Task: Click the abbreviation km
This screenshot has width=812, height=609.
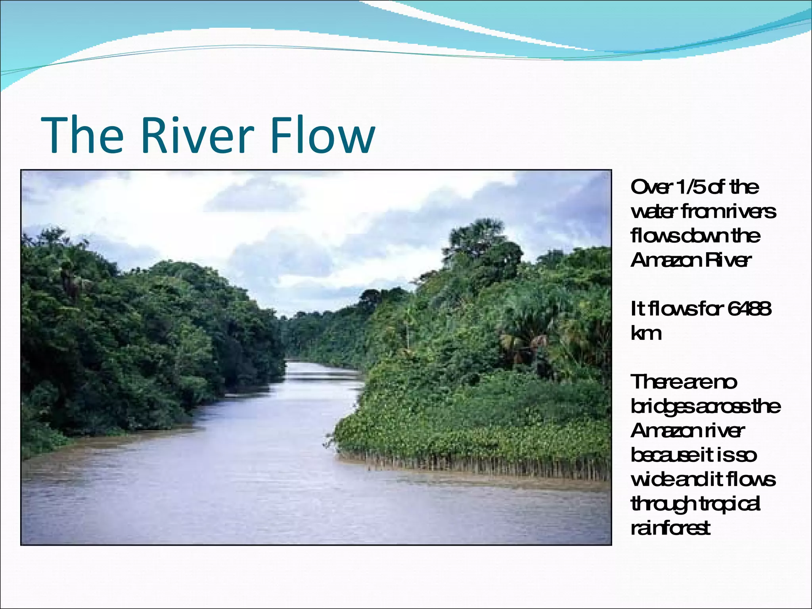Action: point(646,333)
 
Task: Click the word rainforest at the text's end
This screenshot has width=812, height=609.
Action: point(670,529)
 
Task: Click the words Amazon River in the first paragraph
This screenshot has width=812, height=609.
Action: point(691,260)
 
